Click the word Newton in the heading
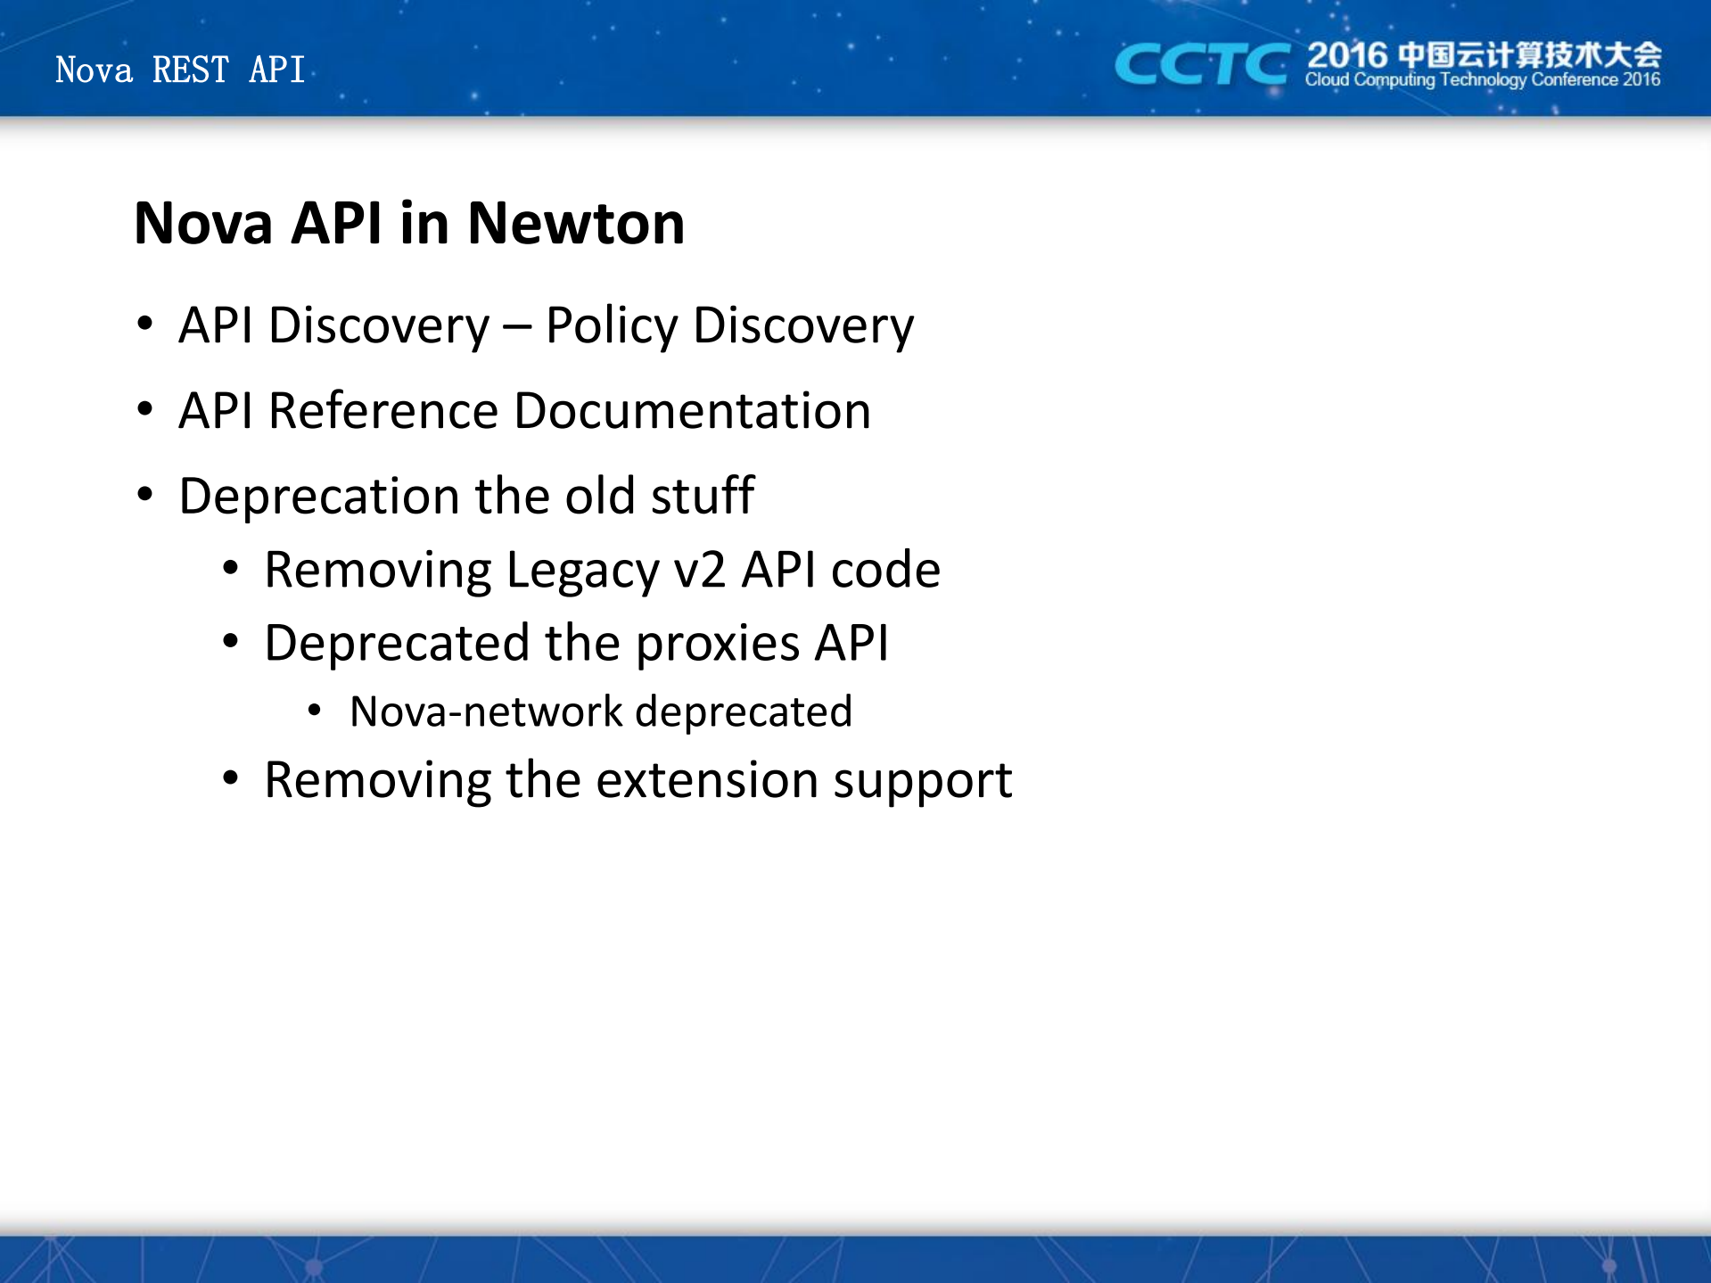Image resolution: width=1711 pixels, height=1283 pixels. coord(576,223)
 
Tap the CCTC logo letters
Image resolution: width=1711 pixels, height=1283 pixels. coord(1202,64)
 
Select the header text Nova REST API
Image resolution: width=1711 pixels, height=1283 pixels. coord(180,70)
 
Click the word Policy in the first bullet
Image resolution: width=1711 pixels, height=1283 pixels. coord(612,326)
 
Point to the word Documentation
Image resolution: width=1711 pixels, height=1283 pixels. coord(693,411)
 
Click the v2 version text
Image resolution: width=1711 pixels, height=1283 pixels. coord(700,571)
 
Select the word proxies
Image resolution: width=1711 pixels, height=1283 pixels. coord(718,645)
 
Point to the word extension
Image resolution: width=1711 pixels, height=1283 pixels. coord(707,780)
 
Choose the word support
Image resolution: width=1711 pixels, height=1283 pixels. coord(923,782)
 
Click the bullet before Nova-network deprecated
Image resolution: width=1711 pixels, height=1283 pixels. coord(314,711)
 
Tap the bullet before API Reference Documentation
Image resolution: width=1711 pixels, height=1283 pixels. coord(145,410)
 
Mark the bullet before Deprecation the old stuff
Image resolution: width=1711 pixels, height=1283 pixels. coord(145,495)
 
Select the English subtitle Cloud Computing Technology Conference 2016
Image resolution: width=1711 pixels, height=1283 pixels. coord(1483,80)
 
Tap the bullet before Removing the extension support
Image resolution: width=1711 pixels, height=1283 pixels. coord(231,779)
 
